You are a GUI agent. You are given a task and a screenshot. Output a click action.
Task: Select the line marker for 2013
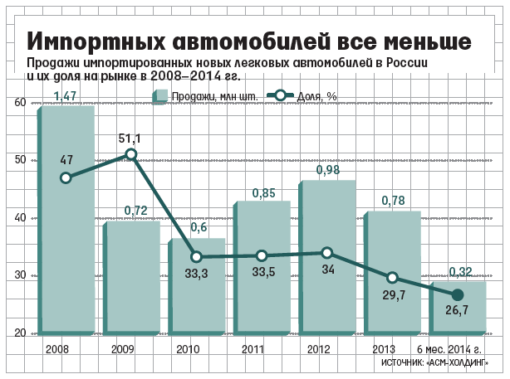392,278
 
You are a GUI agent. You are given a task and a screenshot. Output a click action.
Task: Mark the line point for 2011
262,256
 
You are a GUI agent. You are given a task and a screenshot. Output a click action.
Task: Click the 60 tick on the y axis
20,103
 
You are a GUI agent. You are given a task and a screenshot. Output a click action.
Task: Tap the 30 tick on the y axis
20,275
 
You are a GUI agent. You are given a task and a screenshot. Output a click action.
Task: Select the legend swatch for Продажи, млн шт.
162,96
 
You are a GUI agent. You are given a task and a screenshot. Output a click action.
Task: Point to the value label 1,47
66,97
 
